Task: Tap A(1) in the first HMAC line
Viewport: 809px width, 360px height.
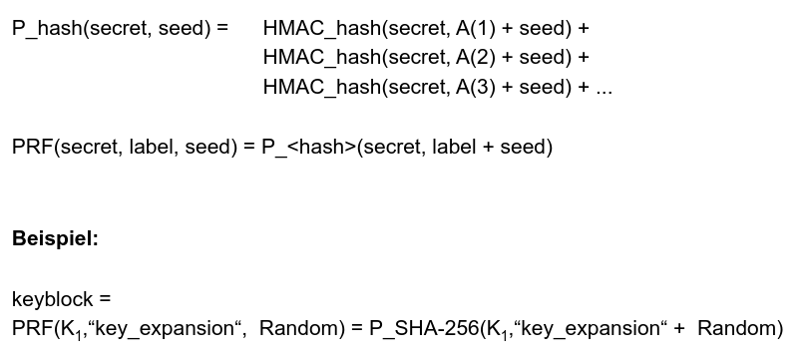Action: click(475, 28)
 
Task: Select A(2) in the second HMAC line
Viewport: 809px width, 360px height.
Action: click(475, 57)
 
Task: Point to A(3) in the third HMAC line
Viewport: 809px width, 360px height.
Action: click(475, 87)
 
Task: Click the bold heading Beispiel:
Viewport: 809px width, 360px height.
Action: click(55, 238)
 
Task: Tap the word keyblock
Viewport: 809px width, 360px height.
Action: click(52, 299)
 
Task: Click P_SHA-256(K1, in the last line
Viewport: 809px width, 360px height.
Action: click(439, 328)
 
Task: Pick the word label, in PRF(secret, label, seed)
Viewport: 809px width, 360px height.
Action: click(153, 147)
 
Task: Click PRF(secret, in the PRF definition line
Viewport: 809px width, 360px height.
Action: click(68, 147)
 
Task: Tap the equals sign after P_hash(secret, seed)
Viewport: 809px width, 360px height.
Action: click(221, 28)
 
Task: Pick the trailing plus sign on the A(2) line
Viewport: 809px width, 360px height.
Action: click(583, 58)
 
